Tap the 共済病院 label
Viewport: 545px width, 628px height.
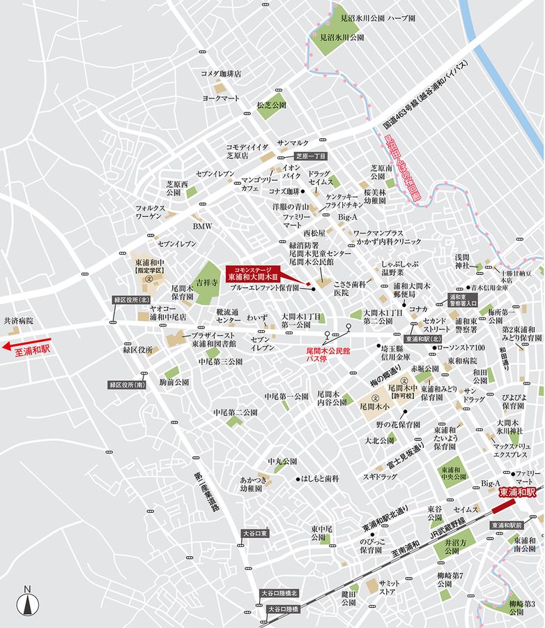[19, 321]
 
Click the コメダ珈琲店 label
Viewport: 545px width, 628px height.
[221, 73]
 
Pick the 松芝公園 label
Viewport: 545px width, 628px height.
[271, 105]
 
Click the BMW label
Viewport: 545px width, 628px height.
[202, 227]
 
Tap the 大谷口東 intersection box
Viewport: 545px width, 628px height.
[260, 533]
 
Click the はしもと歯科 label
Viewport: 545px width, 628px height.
[321, 479]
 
